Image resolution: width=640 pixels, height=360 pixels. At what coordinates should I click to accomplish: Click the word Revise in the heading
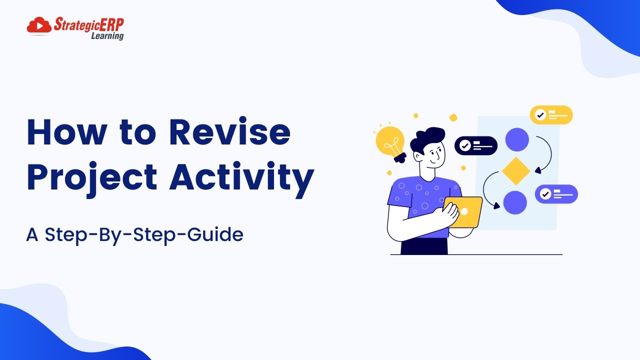click(230, 132)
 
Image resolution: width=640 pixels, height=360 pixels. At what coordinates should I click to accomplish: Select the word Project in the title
click(92, 176)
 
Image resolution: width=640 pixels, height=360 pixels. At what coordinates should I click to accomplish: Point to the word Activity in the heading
click(241, 176)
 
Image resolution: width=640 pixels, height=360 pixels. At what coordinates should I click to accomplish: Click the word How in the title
click(67, 132)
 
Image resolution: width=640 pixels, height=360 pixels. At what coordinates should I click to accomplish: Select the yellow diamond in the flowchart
click(516, 171)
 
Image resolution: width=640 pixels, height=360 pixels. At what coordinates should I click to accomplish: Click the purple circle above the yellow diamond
click(517, 139)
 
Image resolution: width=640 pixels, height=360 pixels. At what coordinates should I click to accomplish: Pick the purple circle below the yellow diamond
click(515, 202)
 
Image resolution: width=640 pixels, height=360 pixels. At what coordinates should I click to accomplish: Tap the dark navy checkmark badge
click(475, 145)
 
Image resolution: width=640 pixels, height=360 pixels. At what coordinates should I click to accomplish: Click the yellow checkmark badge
click(551, 115)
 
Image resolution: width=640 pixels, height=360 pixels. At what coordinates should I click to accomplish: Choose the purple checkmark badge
click(556, 194)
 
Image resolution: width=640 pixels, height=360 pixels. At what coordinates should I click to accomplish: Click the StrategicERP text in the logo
click(88, 24)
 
